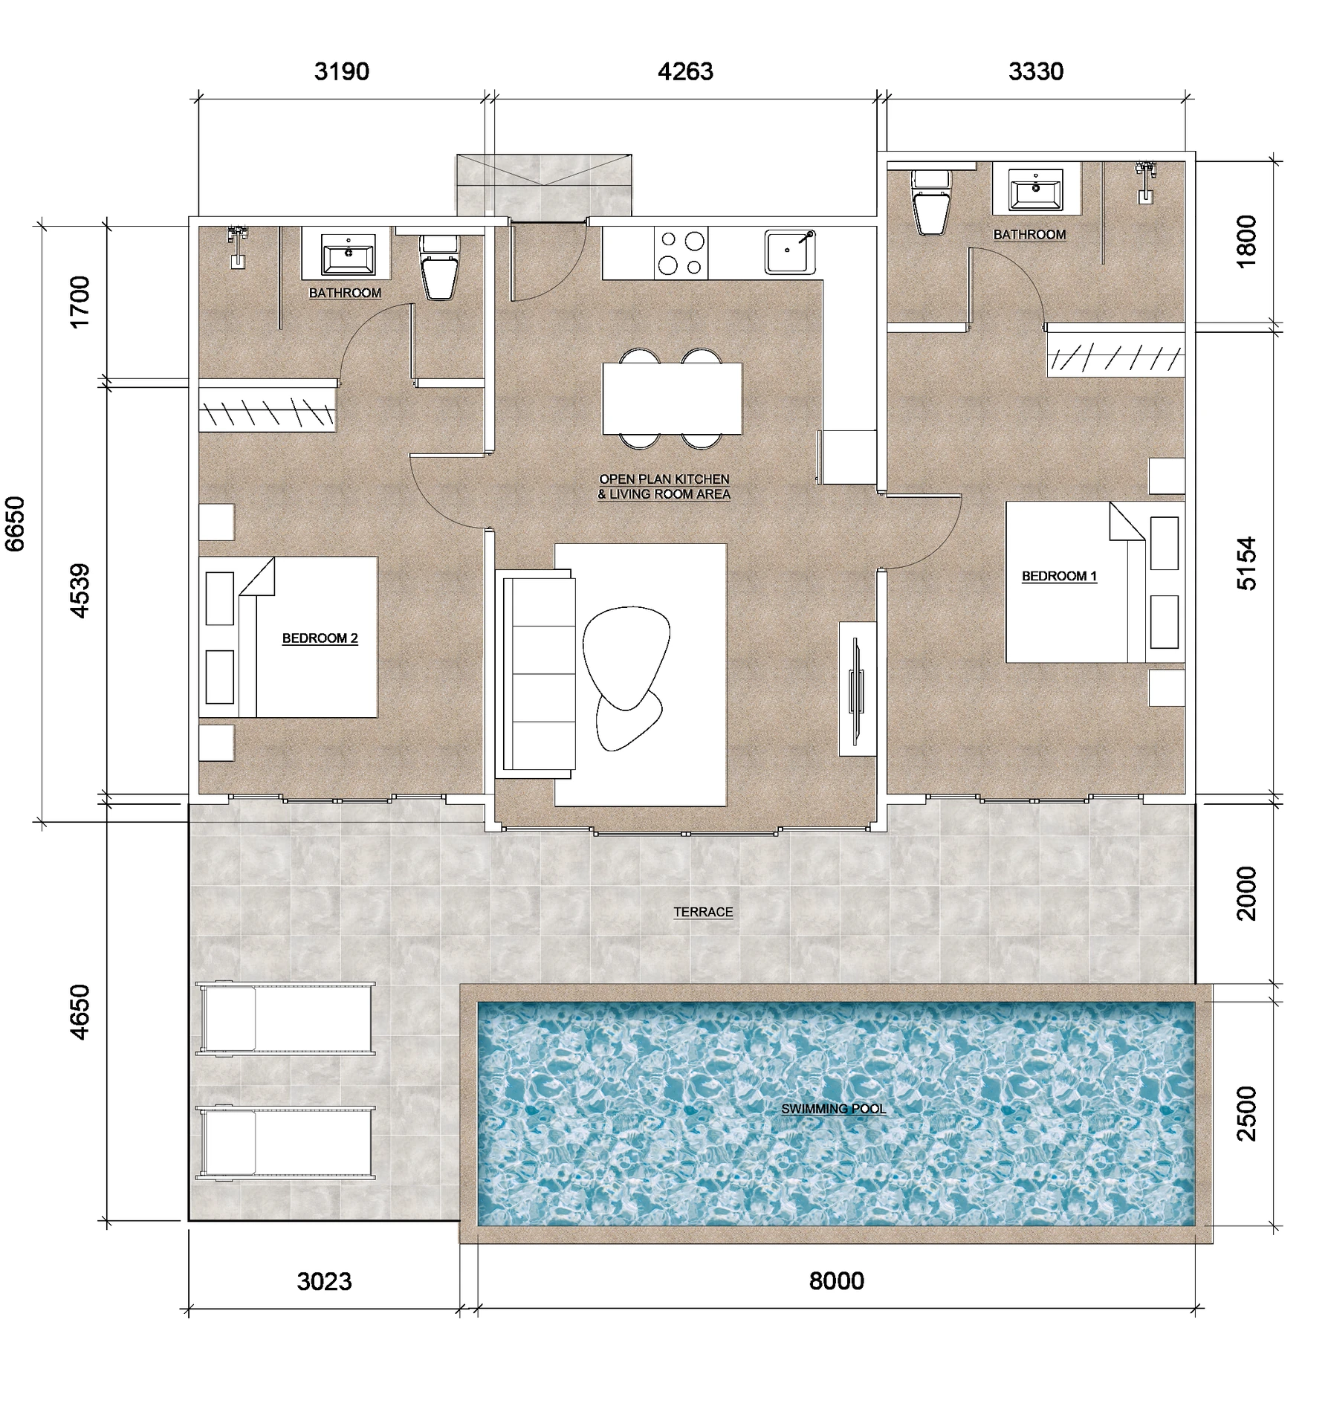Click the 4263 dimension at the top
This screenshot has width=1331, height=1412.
click(x=685, y=71)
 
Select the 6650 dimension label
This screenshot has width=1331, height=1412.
click(x=15, y=524)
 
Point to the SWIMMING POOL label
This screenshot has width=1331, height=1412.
click(x=833, y=1109)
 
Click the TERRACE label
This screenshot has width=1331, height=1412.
click(x=703, y=912)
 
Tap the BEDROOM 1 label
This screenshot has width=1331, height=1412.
click(x=1059, y=576)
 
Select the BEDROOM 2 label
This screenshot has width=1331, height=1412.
click(x=320, y=638)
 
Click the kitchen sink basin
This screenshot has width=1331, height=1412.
click(x=790, y=252)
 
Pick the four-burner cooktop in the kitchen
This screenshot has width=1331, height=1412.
click(x=681, y=253)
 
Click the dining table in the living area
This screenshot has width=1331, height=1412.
click(x=672, y=398)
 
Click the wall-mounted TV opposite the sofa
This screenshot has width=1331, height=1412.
click(x=857, y=690)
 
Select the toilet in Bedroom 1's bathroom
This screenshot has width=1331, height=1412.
click(x=931, y=202)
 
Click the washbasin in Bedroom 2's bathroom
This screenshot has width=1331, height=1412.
click(x=348, y=254)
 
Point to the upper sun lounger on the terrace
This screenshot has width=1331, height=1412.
click(x=285, y=1018)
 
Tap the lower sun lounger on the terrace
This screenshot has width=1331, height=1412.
click(x=285, y=1142)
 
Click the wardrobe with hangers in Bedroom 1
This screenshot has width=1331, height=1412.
click(x=1115, y=355)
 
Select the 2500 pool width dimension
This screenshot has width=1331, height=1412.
click(x=1246, y=1114)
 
